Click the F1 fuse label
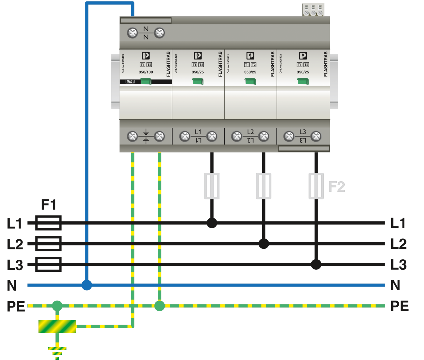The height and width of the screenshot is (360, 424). [x=48, y=205]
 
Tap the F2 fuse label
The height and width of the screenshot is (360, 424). [x=337, y=186]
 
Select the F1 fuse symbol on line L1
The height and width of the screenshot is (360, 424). [x=48, y=223]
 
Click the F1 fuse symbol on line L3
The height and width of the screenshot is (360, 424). [x=48, y=264]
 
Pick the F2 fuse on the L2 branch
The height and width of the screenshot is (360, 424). [x=263, y=186]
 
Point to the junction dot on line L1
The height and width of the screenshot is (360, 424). [x=212, y=223]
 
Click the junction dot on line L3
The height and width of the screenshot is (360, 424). [x=316, y=264]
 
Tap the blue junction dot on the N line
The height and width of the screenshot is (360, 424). [x=87, y=285]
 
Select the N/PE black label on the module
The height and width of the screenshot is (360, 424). [x=130, y=82]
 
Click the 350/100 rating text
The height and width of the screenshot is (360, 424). [x=146, y=72]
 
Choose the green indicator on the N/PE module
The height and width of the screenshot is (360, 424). [x=146, y=82]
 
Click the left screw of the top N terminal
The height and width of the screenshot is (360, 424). [x=132, y=33]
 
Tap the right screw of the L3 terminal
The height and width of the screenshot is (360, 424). [x=316, y=136]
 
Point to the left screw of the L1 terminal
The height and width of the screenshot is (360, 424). [x=184, y=136]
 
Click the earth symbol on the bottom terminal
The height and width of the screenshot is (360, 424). [x=146, y=136]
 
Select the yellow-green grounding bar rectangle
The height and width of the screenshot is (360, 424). [x=57, y=326]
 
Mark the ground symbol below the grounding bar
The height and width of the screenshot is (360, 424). [x=57, y=352]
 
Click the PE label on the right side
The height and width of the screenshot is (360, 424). [x=399, y=306]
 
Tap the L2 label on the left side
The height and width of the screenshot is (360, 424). [x=15, y=244]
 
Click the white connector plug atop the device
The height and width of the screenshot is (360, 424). [x=313, y=10]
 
